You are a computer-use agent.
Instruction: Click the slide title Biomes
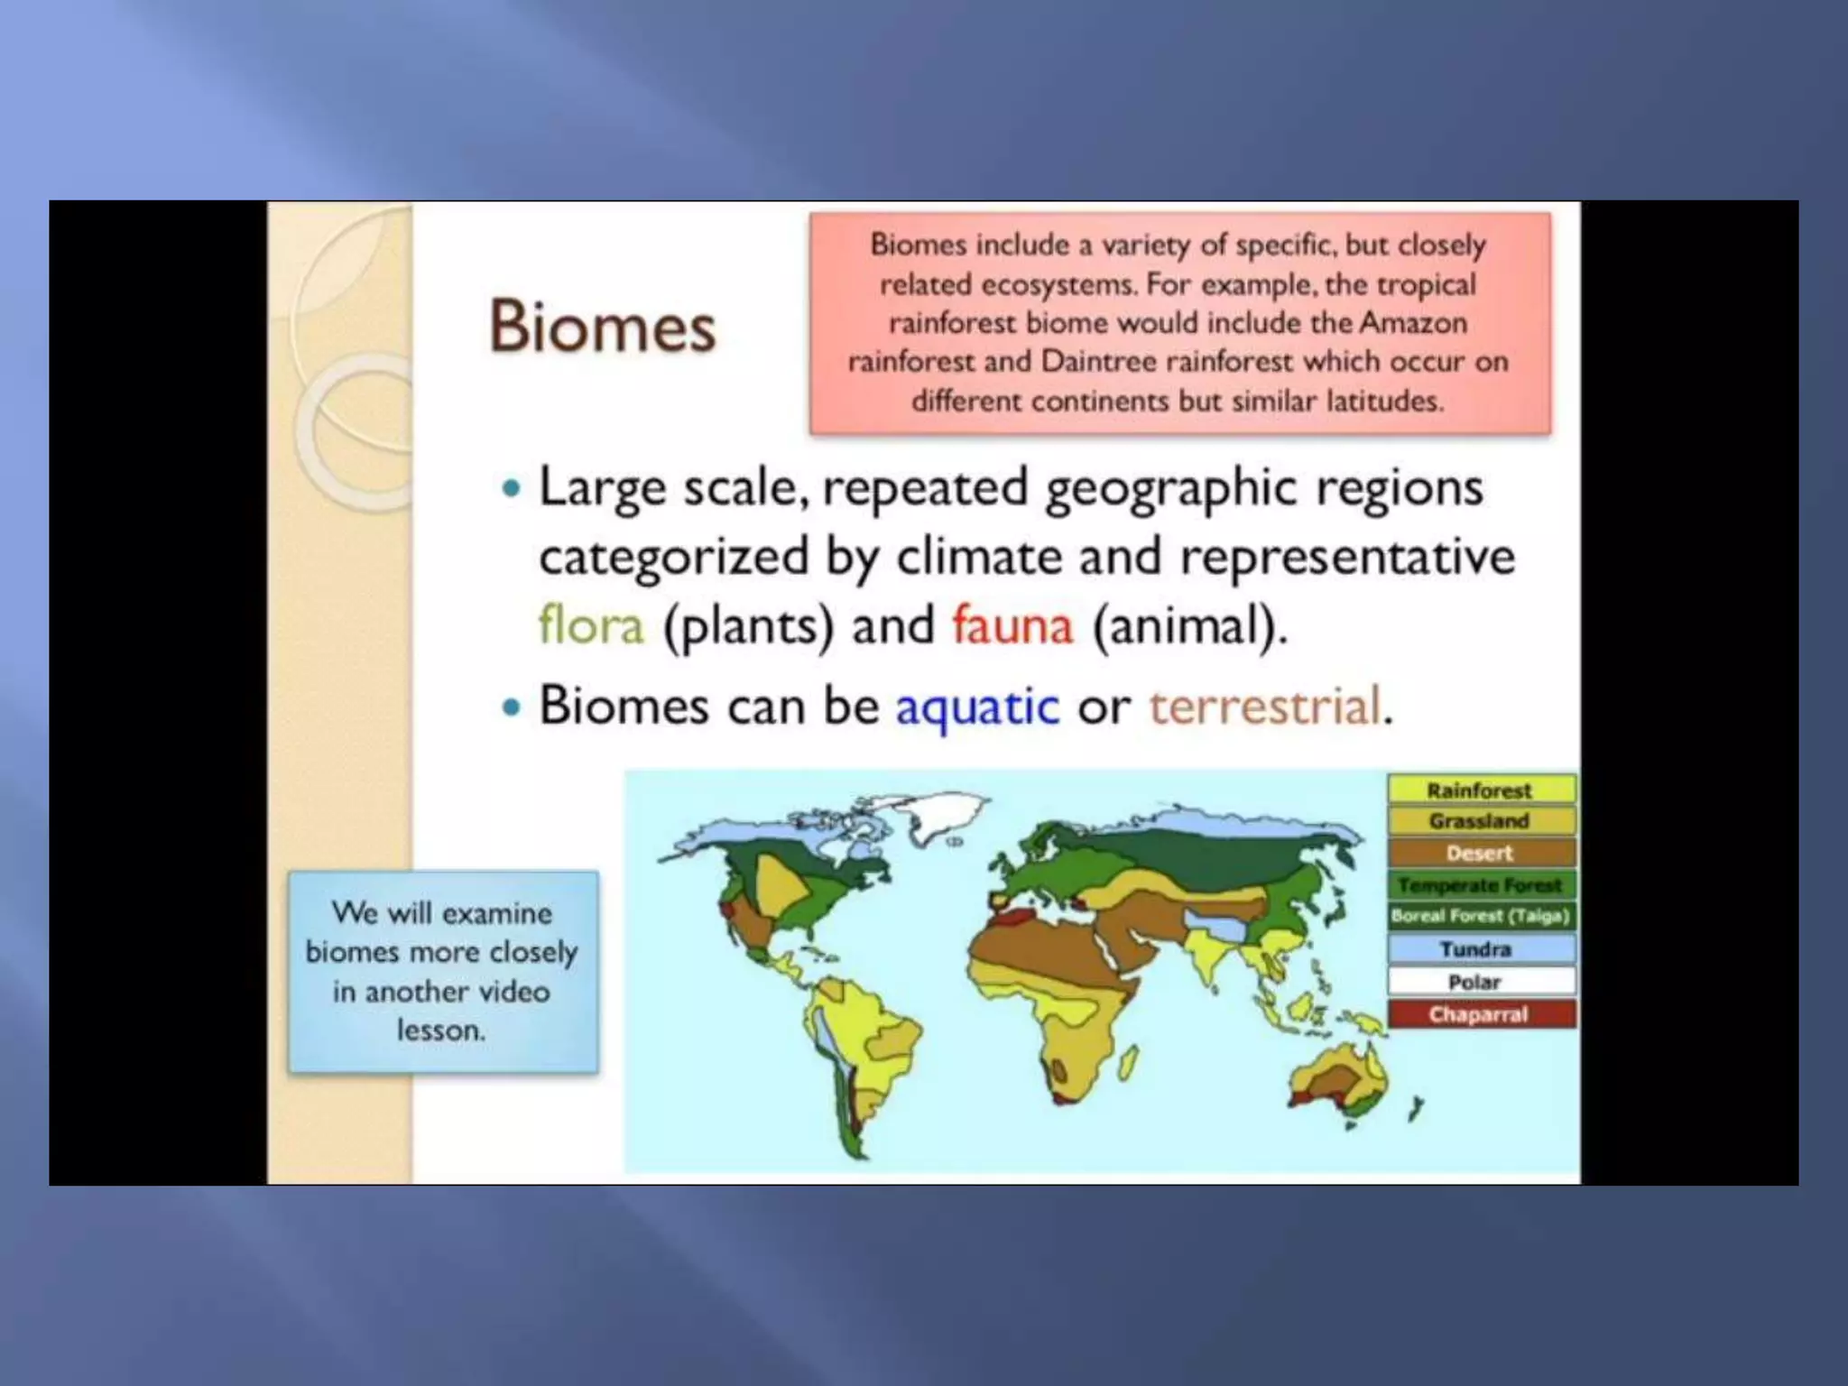(602, 326)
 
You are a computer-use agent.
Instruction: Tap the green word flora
(591, 624)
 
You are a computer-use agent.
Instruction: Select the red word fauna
(1012, 624)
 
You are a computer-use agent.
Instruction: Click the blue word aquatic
(976, 707)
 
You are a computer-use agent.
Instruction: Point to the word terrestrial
(1264, 707)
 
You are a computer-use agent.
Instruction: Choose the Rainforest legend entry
(1480, 790)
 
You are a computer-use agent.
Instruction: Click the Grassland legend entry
(1480, 821)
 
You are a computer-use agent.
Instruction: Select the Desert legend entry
(1480, 853)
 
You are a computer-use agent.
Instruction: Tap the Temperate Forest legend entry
(1480, 885)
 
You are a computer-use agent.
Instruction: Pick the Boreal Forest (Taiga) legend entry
(1480, 916)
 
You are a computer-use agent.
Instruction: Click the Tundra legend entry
(1476, 949)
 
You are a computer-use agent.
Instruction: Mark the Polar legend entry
(1474, 982)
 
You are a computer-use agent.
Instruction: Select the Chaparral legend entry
(1478, 1014)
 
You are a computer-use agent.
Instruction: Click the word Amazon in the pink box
(1412, 323)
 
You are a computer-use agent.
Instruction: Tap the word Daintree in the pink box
(1098, 362)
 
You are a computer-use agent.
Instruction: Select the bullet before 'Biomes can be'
(512, 707)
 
